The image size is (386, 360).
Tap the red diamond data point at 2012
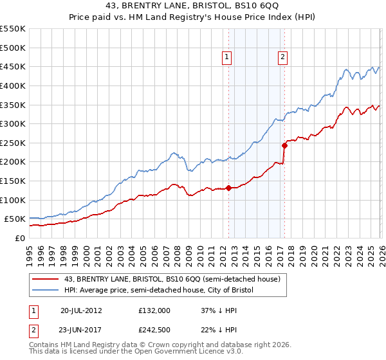(x=228, y=188)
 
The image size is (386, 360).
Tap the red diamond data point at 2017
(x=284, y=145)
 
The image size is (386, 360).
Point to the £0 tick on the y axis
(x=21, y=238)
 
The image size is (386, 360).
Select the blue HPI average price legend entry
(x=159, y=291)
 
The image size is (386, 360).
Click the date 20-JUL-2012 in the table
(x=81, y=310)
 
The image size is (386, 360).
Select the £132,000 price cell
(x=154, y=310)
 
